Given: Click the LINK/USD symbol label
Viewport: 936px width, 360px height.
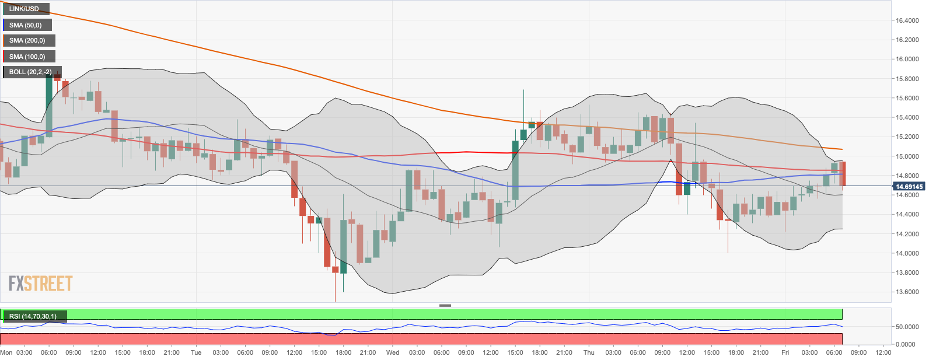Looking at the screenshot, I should [x=24, y=9].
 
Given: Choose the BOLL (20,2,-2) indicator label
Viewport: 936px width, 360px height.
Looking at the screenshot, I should [x=30, y=72].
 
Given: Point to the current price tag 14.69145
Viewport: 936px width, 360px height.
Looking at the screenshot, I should [x=909, y=187].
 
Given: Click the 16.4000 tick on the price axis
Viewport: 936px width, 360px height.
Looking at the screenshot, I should [x=907, y=20].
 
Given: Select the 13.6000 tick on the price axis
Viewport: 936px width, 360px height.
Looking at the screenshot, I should [x=907, y=292].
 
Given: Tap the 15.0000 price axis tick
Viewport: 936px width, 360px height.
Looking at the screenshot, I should [x=907, y=156].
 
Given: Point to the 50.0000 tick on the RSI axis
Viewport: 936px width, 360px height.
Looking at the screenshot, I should [x=907, y=327].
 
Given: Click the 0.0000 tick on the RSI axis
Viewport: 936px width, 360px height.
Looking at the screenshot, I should [x=907, y=344].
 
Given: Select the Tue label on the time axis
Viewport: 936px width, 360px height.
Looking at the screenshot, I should [x=196, y=352].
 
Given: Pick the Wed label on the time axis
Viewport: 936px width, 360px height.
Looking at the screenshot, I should [x=393, y=352].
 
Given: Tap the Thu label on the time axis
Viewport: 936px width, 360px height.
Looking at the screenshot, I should [x=589, y=352].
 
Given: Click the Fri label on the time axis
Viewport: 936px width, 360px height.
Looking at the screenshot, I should [x=785, y=352].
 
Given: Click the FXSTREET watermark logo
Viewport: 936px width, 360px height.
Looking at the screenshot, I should [x=40, y=284].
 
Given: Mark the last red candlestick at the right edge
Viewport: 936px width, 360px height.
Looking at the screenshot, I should [x=843, y=174].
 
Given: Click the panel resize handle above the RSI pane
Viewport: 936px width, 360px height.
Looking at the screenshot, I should [x=445, y=305].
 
